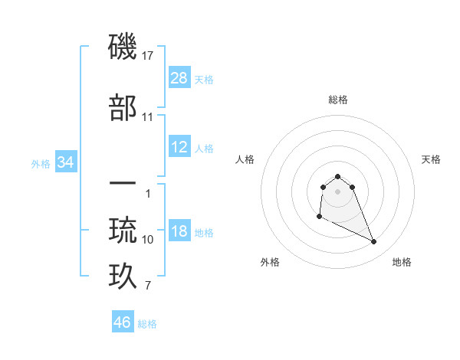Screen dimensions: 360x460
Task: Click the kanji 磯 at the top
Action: [123, 47]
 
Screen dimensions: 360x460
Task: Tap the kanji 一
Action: [123, 184]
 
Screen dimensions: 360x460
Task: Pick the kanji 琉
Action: [123, 230]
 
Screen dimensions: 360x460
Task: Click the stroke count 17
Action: [148, 56]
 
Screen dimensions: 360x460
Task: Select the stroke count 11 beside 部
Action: [148, 117]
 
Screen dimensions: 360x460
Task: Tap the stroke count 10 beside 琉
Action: [148, 240]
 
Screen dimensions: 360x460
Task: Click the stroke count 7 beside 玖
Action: [148, 286]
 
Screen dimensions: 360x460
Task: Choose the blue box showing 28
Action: [179, 78]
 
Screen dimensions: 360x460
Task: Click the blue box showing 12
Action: [179, 147]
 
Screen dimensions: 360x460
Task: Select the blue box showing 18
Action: [179, 232]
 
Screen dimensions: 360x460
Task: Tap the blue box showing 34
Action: [66, 162]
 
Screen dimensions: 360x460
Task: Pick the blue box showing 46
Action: [123, 322]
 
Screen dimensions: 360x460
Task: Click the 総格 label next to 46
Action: [147, 324]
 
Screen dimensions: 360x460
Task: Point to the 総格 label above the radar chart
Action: [337, 100]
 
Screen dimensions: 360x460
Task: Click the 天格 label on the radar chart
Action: [432, 159]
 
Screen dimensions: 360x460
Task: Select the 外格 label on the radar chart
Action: [270, 262]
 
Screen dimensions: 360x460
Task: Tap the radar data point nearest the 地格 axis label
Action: [374, 242]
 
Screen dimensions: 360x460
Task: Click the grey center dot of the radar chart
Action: [337, 191]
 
